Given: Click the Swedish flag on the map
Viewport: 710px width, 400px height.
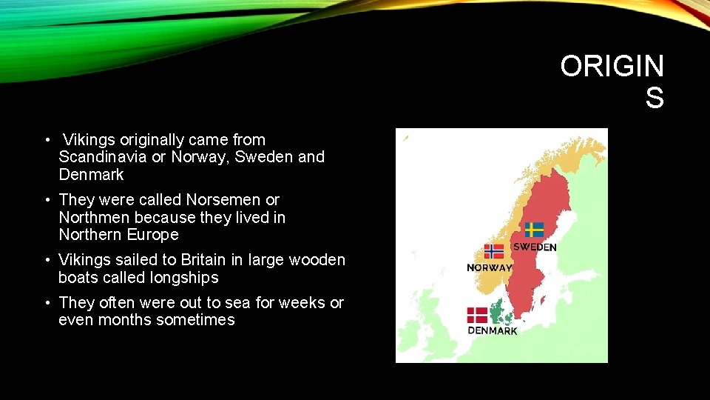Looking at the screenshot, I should click(x=534, y=230).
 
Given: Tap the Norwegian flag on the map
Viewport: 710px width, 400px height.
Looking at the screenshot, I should click(x=494, y=252).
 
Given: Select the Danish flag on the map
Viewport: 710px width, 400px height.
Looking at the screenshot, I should click(x=477, y=315).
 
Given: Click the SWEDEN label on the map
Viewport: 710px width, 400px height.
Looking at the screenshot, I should click(x=535, y=247).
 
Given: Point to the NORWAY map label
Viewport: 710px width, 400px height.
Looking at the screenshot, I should click(x=489, y=267).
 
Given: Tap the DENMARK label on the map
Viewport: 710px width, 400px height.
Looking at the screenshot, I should click(x=493, y=331).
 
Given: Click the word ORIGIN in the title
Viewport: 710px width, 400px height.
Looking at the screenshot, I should click(x=612, y=67).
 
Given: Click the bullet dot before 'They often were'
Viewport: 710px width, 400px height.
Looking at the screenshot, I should click(x=47, y=302).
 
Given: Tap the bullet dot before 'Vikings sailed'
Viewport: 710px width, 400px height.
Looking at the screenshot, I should click(x=47, y=260).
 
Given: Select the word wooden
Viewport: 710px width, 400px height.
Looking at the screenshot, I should click(x=318, y=260).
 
